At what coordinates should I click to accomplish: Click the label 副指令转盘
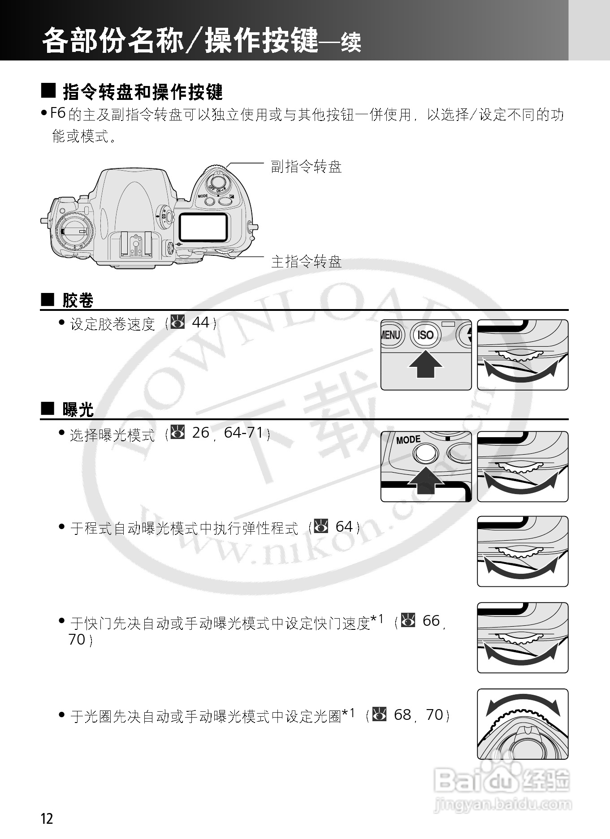coord(306,167)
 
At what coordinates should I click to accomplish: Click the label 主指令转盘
coord(306,261)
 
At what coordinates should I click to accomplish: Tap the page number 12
coord(47,819)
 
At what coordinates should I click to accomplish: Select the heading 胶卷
coord(78,300)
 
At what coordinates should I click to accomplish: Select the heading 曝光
coord(78,409)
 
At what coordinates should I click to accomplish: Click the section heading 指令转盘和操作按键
coord(143,92)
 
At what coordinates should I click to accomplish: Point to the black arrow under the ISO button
coord(425,365)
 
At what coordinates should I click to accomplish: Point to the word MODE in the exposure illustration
coord(408,440)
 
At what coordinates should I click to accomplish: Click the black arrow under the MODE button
coord(425,480)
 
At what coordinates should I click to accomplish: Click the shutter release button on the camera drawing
coord(218,181)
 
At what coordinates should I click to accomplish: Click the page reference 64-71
coord(243,432)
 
